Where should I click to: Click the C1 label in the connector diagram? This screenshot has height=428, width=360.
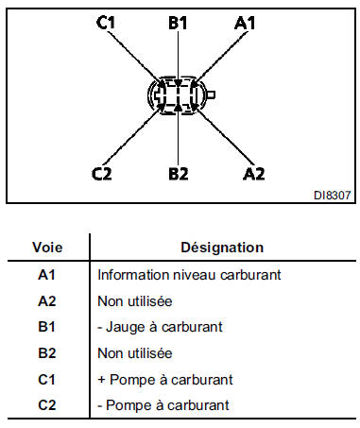coord(107,24)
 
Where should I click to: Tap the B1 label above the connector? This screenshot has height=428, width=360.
coord(179,24)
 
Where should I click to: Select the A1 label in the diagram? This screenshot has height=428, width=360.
coord(246,24)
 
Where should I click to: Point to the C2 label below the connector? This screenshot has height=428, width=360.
coord(103,173)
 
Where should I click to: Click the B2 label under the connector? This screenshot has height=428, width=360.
coord(179,173)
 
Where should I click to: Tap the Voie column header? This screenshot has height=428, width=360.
coord(48,248)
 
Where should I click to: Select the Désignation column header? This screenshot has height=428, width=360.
coord(222,248)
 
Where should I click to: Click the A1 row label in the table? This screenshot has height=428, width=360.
coord(48,276)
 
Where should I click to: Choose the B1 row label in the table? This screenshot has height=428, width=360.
coord(48,328)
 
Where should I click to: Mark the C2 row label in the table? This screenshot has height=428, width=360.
coord(48,405)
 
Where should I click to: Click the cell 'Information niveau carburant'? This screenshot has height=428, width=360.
coord(177,276)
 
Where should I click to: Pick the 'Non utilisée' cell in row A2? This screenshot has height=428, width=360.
coord(134,301)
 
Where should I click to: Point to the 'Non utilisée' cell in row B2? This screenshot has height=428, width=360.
coord(134,353)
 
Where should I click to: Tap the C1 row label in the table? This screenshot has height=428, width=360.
coord(48,380)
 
